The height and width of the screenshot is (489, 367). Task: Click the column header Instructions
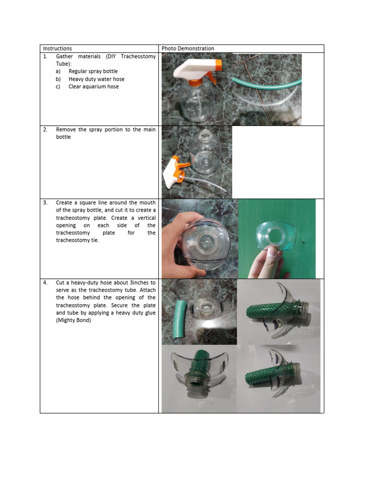coord(57,49)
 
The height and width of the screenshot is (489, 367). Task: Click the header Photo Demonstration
coord(188,49)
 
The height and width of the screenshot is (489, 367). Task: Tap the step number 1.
coord(45,56)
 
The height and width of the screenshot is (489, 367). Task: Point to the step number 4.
coord(45,283)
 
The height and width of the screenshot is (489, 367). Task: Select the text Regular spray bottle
coord(93,72)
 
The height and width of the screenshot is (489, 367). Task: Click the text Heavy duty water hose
coord(97,79)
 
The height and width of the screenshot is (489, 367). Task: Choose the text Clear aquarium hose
coord(94,87)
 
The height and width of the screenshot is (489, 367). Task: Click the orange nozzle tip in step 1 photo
coord(218,64)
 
